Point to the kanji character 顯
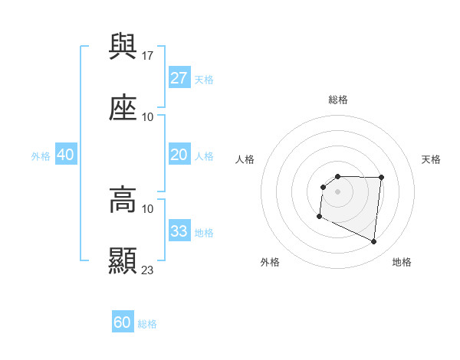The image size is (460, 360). pos(123,260)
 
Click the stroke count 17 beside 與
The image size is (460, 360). pos(149,55)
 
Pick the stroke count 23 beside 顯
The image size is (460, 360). pos(149,270)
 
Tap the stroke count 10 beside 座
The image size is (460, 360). pos(148,116)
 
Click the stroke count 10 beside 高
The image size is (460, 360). pos(148,208)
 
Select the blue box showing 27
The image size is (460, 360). pos(179,78)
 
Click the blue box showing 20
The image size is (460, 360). pos(179,155)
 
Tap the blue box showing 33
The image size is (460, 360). pos(179,231)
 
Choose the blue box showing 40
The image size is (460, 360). pos(66,155)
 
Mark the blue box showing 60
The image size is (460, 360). pos(123,323)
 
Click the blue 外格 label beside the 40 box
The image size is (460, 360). pos(41,156)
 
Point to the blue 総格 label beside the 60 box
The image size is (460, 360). pos(147,324)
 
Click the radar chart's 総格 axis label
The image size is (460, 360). pos(338,100)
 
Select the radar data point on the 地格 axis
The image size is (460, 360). pos(374,242)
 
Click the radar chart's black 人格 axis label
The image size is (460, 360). pos(245,159)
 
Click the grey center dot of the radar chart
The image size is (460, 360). pos(337,191)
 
